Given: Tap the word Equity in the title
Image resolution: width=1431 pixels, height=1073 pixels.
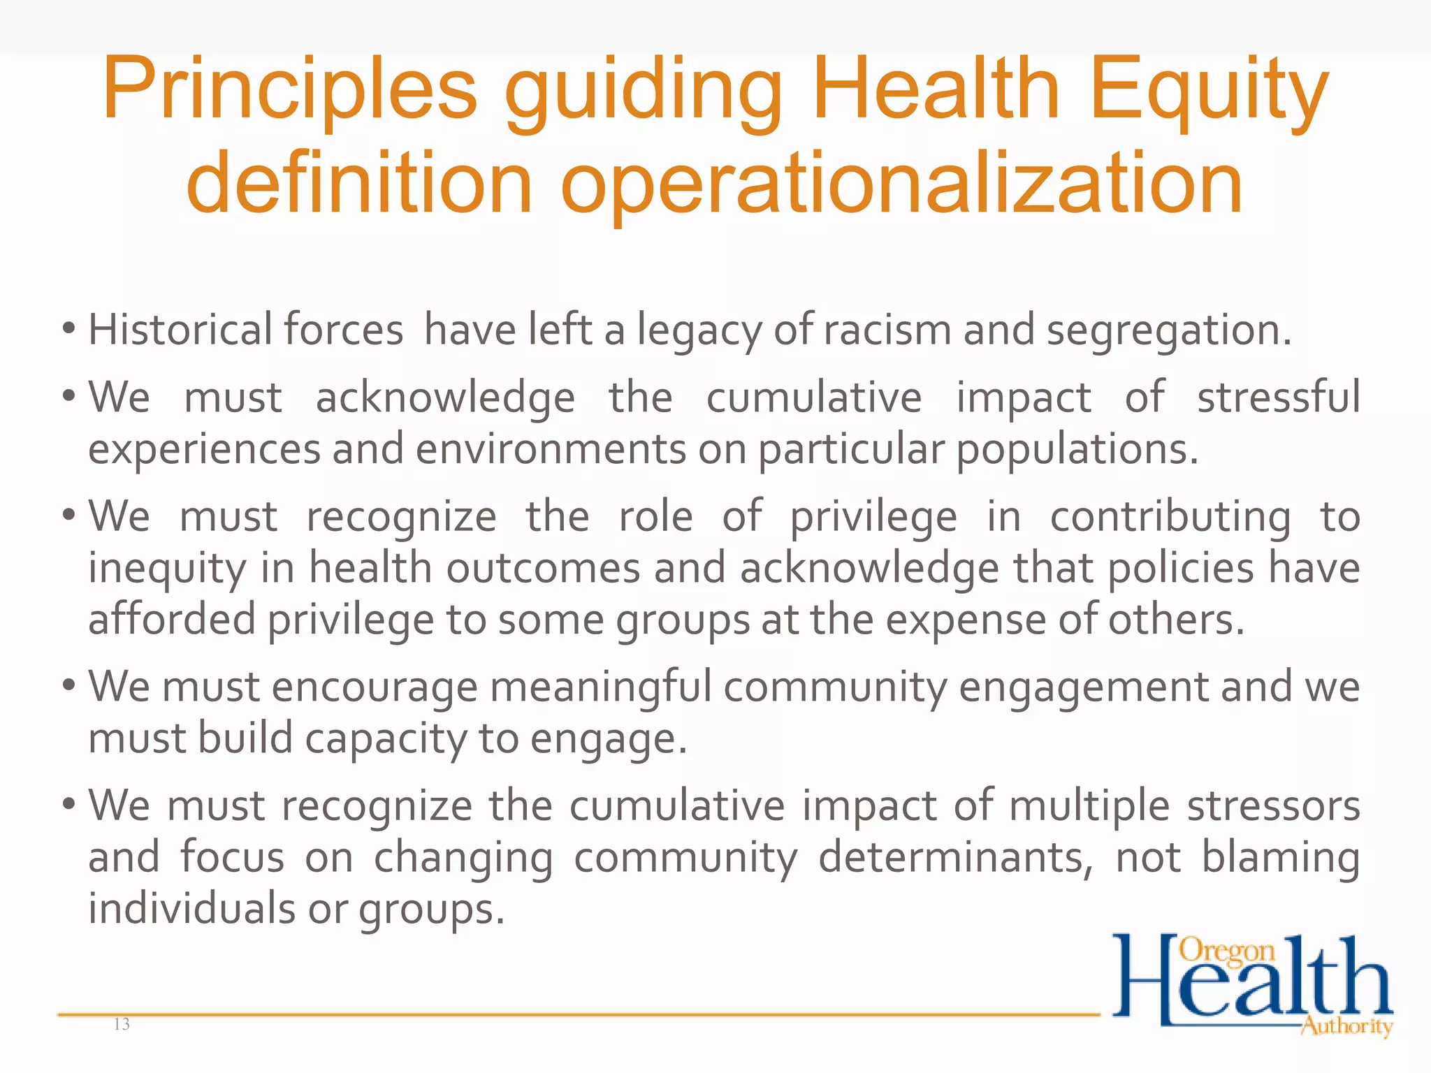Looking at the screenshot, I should click(x=1208, y=91).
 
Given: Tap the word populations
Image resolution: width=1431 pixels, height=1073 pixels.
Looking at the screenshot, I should click(x=1076, y=449).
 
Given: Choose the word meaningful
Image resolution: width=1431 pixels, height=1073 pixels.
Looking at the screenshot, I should click(x=600, y=687).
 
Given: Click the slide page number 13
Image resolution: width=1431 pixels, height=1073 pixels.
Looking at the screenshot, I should click(x=122, y=1024).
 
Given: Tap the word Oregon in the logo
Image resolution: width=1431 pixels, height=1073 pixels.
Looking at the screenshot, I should click(x=1227, y=951).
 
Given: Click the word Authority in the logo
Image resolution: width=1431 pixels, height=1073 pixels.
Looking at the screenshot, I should click(x=1346, y=1026).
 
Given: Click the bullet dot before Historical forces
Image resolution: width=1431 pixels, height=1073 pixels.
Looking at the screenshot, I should click(x=68, y=328).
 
